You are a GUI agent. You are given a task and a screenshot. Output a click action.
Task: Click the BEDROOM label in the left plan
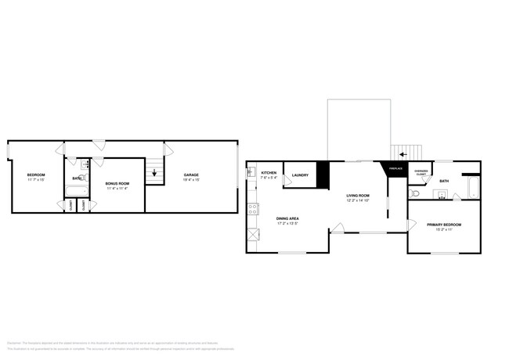[36, 175]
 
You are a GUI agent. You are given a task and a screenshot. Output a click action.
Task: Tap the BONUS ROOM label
[117, 183]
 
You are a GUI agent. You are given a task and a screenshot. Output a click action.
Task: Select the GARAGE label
[191, 175]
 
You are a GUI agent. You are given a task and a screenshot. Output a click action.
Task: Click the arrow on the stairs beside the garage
[154, 174]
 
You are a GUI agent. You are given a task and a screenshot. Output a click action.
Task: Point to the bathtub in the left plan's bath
[76, 191]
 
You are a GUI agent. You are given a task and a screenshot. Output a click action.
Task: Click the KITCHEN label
[269, 172]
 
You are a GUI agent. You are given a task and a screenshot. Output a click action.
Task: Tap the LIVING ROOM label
[358, 196]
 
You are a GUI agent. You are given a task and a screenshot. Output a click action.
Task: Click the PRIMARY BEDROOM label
[444, 225]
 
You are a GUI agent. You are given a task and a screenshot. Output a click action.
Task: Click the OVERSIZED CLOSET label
[421, 171]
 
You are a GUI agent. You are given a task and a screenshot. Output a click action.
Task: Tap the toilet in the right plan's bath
[417, 192]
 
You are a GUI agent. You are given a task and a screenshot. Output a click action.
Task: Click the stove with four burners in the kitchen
[252, 209]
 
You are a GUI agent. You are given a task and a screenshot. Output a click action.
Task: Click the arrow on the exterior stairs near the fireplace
[405, 154]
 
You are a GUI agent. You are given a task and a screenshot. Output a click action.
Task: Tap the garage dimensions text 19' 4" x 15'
[191, 180]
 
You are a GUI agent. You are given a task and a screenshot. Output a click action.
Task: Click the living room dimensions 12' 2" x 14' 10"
[358, 201]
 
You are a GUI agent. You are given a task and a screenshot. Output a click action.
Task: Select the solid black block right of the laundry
[321, 175]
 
